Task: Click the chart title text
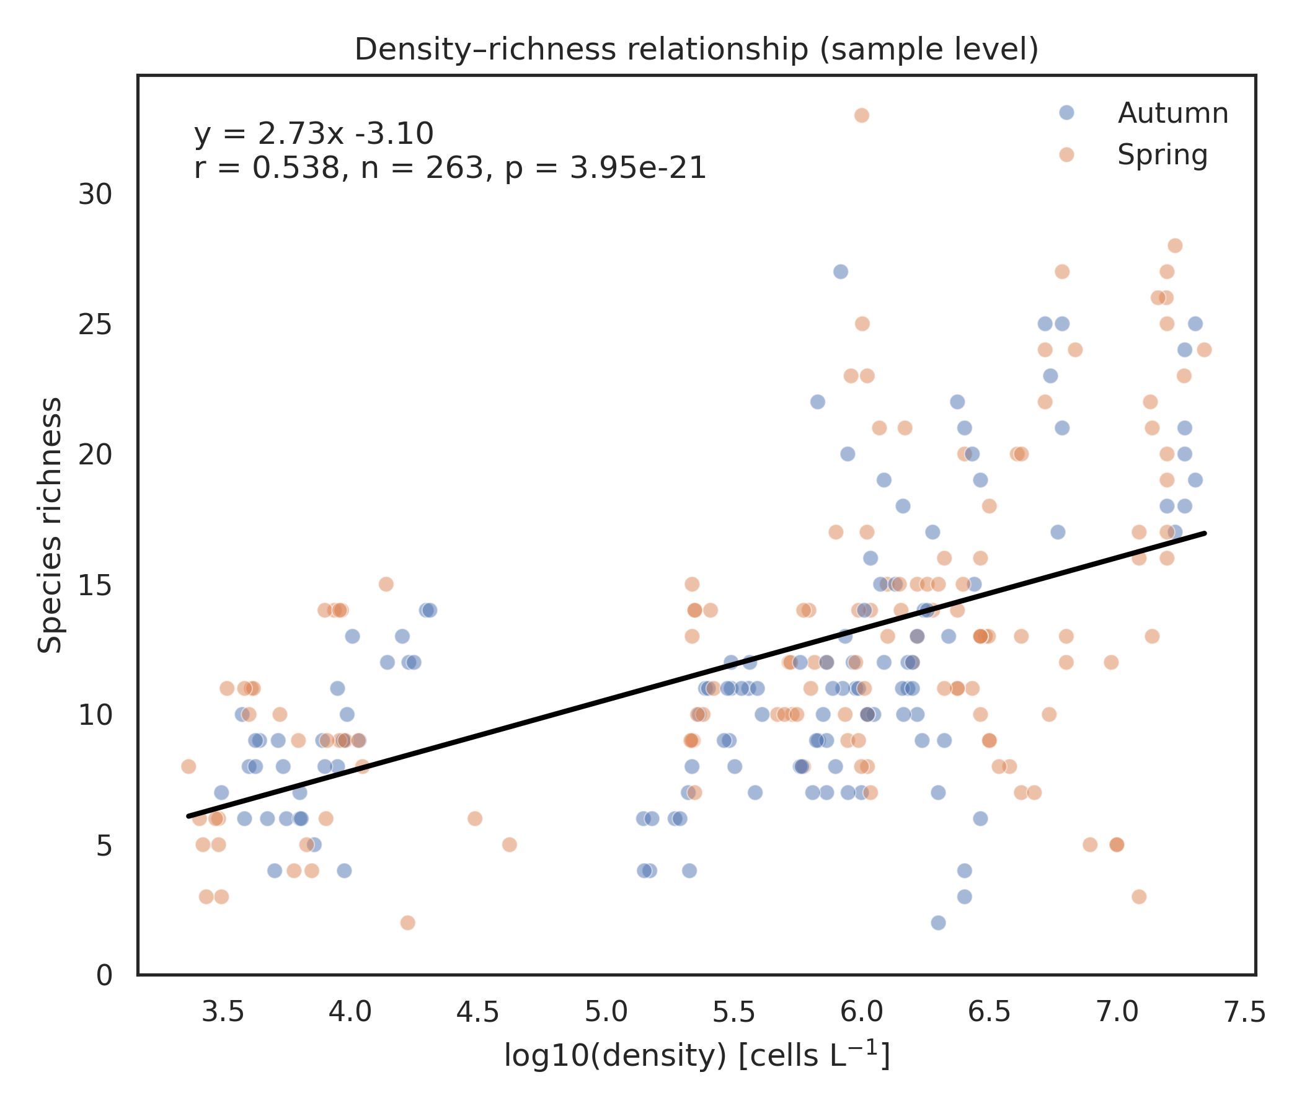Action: click(x=696, y=50)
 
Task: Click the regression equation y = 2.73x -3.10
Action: click(x=314, y=134)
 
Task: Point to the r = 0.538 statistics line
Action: click(x=450, y=169)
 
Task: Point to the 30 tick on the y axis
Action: click(x=95, y=195)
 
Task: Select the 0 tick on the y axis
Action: click(x=104, y=975)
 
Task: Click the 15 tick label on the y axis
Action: click(x=95, y=585)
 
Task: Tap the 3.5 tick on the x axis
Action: click(x=223, y=1012)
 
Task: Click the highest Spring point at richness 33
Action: click(x=862, y=115)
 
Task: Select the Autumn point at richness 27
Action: click(x=841, y=272)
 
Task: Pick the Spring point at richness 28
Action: click(x=1174, y=246)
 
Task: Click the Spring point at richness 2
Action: click(x=408, y=923)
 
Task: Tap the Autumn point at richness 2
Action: click(x=938, y=923)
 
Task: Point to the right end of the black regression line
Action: click(x=1205, y=533)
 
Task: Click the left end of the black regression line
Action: click(x=188, y=817)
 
